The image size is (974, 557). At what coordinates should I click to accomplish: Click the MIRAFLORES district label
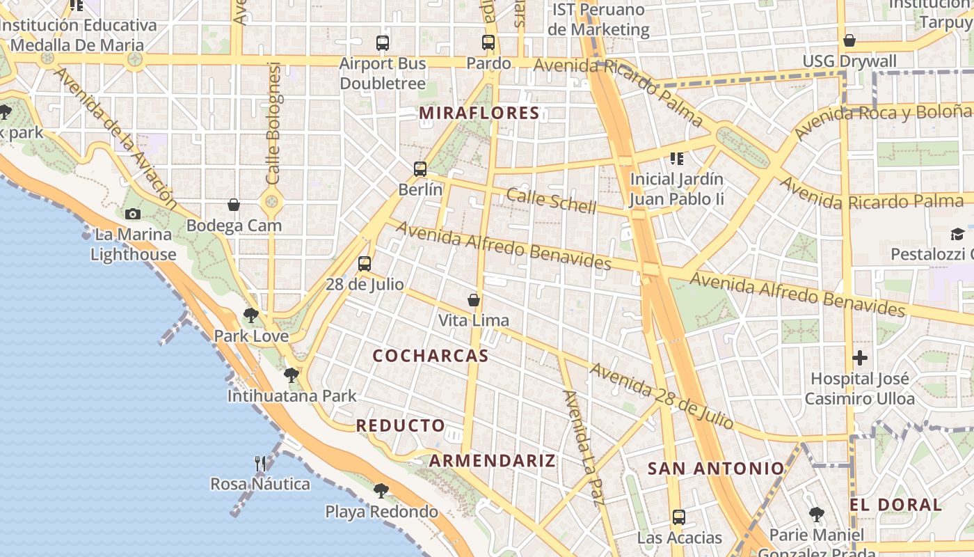(x=479, y=113)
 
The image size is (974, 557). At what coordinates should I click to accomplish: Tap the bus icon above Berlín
(x=420, y=169)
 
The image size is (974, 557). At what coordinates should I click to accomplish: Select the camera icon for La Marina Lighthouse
(x=133, y=214)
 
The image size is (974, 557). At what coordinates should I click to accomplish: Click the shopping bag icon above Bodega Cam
(x=234, y=205)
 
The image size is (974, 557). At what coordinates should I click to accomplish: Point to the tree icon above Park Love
(x=251, y=315)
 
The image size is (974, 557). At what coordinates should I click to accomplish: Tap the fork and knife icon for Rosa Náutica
(x=260, y=463)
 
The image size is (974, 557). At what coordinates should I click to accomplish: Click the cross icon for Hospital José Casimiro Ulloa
(x=860, y=358)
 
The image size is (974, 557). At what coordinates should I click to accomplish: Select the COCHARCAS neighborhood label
(x=431, y=356)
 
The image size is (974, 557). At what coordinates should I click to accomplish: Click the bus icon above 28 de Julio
(x=365, y=264)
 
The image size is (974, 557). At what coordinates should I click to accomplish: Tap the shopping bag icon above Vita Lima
(x=474, y=300)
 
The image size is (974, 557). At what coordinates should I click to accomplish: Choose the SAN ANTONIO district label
(x=716, y=469)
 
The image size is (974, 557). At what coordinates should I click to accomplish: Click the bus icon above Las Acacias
(x=679, y=517)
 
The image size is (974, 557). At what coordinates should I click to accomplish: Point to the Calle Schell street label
(x=551, y=201)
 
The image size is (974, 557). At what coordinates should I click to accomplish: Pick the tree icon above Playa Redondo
(x=381, y=491)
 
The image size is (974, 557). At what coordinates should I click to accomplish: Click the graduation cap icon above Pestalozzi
(x=958, y=234)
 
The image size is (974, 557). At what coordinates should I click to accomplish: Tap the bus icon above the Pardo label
(x=488, y=42)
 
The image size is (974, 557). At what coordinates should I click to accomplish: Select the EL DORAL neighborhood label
(x=896, y=505)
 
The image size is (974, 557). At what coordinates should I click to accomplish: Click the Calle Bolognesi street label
(x=273, y=124)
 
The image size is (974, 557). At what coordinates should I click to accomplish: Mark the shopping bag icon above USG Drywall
(x=849, y=40)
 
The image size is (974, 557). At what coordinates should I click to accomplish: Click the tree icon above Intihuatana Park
(x=292, y=375)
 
